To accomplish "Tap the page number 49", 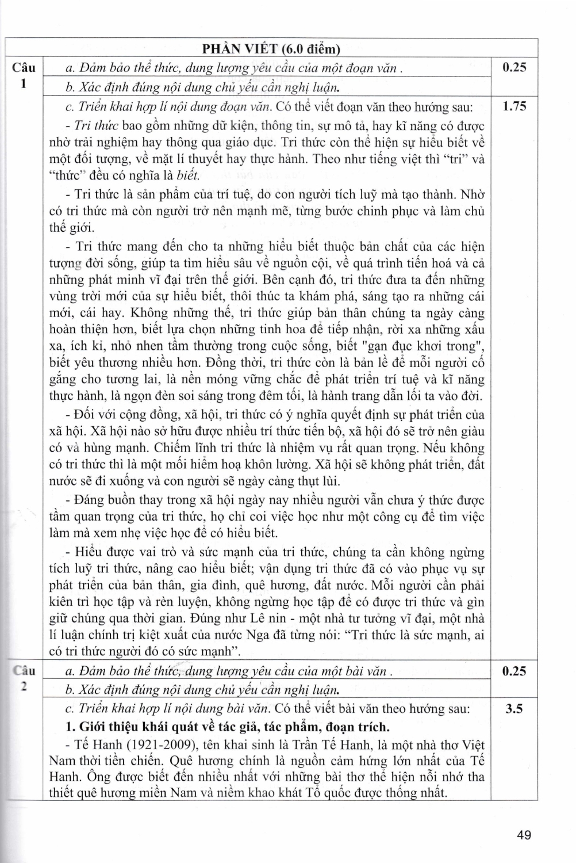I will (523, 835).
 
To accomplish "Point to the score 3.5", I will (514, 708).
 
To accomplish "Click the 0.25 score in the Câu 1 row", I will (514, 67).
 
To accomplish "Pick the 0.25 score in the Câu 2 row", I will (514, 671).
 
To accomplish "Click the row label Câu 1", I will (24, 75).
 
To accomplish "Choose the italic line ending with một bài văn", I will (229, 671).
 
